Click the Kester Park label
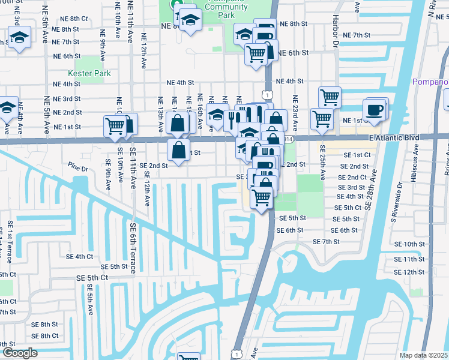click(x=89, y=73)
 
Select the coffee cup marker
click(x=375, y=110)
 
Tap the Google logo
click(x=19, y=353)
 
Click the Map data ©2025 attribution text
click(x=424, y=355)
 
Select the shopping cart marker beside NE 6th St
click(x=256, y=54)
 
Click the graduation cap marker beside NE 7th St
click(x=20, y=40)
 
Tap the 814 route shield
click(x=289, y=139)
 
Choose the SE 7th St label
click(x=326, y=241)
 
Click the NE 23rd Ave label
click(x=295, y=113)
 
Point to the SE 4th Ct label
click(x=80, y=256)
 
